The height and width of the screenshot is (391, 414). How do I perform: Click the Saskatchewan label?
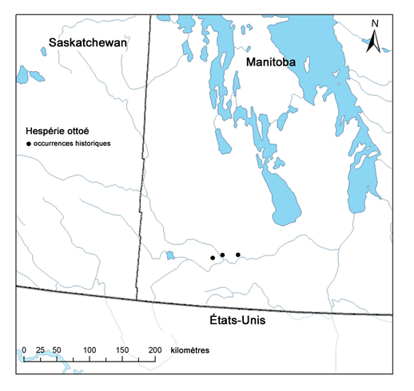88,42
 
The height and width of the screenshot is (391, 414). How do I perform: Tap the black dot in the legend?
29,144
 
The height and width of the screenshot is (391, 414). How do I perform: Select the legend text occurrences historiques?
72,144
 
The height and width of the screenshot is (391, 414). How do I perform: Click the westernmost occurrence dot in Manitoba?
212,258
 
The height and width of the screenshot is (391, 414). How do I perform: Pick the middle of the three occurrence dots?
222,255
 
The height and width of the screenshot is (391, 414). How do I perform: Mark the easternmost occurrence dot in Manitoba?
238,255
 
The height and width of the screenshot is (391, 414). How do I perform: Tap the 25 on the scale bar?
39,351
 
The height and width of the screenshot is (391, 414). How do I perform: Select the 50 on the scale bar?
56,351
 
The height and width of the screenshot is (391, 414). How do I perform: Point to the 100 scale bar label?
90,351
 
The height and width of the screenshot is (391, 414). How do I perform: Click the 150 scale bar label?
122,351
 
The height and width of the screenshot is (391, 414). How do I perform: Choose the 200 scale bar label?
155,351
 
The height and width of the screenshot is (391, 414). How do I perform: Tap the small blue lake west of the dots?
170,255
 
